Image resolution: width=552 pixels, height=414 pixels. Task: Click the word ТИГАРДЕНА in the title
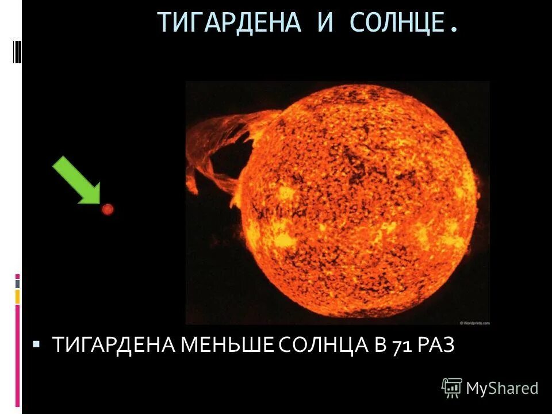(229, 23)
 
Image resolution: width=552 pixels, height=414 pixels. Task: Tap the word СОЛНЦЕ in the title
(397, 23)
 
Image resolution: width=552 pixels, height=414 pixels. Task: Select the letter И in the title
(325, 23)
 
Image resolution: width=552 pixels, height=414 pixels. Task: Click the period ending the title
(455, 29)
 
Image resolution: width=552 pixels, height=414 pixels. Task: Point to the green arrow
(77, 181)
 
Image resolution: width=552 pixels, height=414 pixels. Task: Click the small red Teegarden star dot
(107, 209)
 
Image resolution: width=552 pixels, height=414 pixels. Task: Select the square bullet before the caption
(36, 344)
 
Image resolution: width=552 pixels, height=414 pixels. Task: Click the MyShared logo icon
(452, 388)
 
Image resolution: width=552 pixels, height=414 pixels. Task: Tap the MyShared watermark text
(502, 389)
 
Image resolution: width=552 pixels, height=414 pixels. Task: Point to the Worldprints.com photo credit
(474, 323)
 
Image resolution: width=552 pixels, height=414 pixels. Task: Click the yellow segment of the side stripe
(18, 297)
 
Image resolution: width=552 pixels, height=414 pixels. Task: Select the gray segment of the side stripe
(18, 284)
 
